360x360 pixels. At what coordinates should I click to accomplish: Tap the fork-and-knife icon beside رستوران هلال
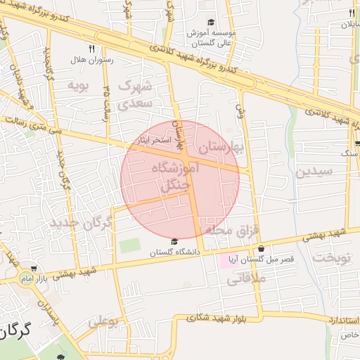(91, 49)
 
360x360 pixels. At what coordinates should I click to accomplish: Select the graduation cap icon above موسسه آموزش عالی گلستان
(212, 23)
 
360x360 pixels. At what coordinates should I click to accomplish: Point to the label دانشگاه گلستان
(174, 252)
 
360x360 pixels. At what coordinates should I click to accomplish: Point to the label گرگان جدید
(81, 224)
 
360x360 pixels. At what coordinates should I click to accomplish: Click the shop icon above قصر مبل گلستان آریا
(262, 248)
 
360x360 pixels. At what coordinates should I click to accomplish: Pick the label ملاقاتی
(245, 279)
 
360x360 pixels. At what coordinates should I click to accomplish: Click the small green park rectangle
(129, 247)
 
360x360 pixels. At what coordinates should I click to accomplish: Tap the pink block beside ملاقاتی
(230, 261)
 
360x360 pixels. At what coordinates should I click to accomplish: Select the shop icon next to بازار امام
(33, 269)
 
